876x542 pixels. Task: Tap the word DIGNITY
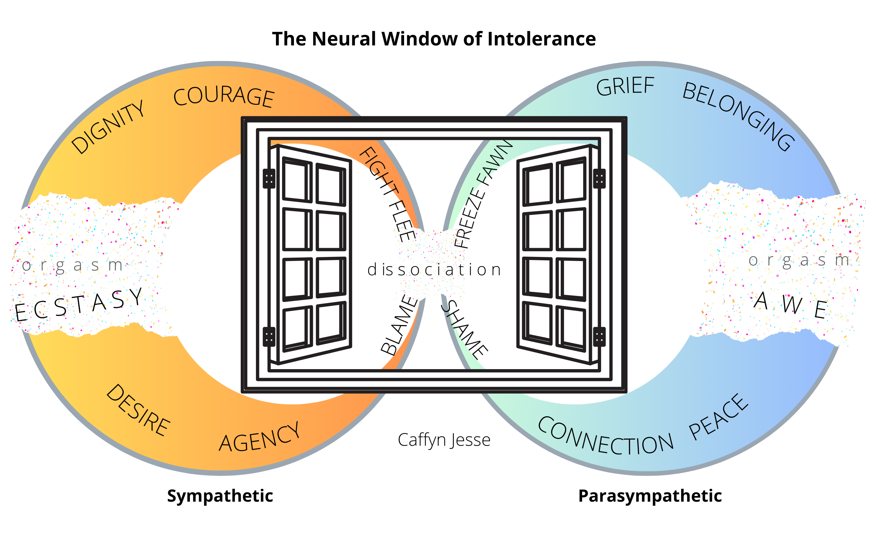(108, 127)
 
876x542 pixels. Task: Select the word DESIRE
(138, 410)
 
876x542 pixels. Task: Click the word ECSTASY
(79, 304)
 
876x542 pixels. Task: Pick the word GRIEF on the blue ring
(625, 86)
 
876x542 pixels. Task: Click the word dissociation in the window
(434, 270)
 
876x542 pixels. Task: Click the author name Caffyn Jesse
(444, 440)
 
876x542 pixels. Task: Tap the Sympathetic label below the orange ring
(220, 496)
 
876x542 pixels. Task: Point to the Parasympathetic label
(650, 496)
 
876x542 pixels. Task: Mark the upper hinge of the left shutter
(269, 179)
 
